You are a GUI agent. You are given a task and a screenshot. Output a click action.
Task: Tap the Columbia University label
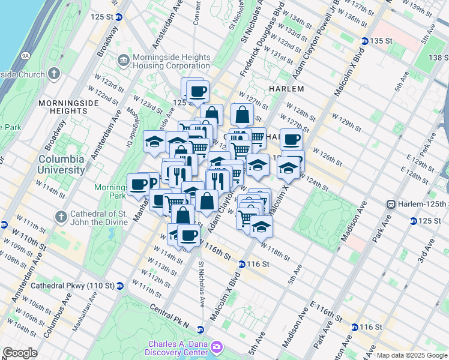(x=61, y=164)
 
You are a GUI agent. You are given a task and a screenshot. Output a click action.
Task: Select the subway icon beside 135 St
(x=364, y=41)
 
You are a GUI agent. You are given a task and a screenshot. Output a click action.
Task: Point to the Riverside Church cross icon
(x=54, y=74)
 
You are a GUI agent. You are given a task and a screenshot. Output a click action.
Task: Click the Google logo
(x=20, y=353)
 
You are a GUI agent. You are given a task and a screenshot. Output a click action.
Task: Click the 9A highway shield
(x=25, y=55)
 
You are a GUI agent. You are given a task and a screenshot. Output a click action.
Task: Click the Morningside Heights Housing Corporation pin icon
(x=124, y=60)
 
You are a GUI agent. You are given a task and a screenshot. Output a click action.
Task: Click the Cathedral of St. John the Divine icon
(x=61, y=216)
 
